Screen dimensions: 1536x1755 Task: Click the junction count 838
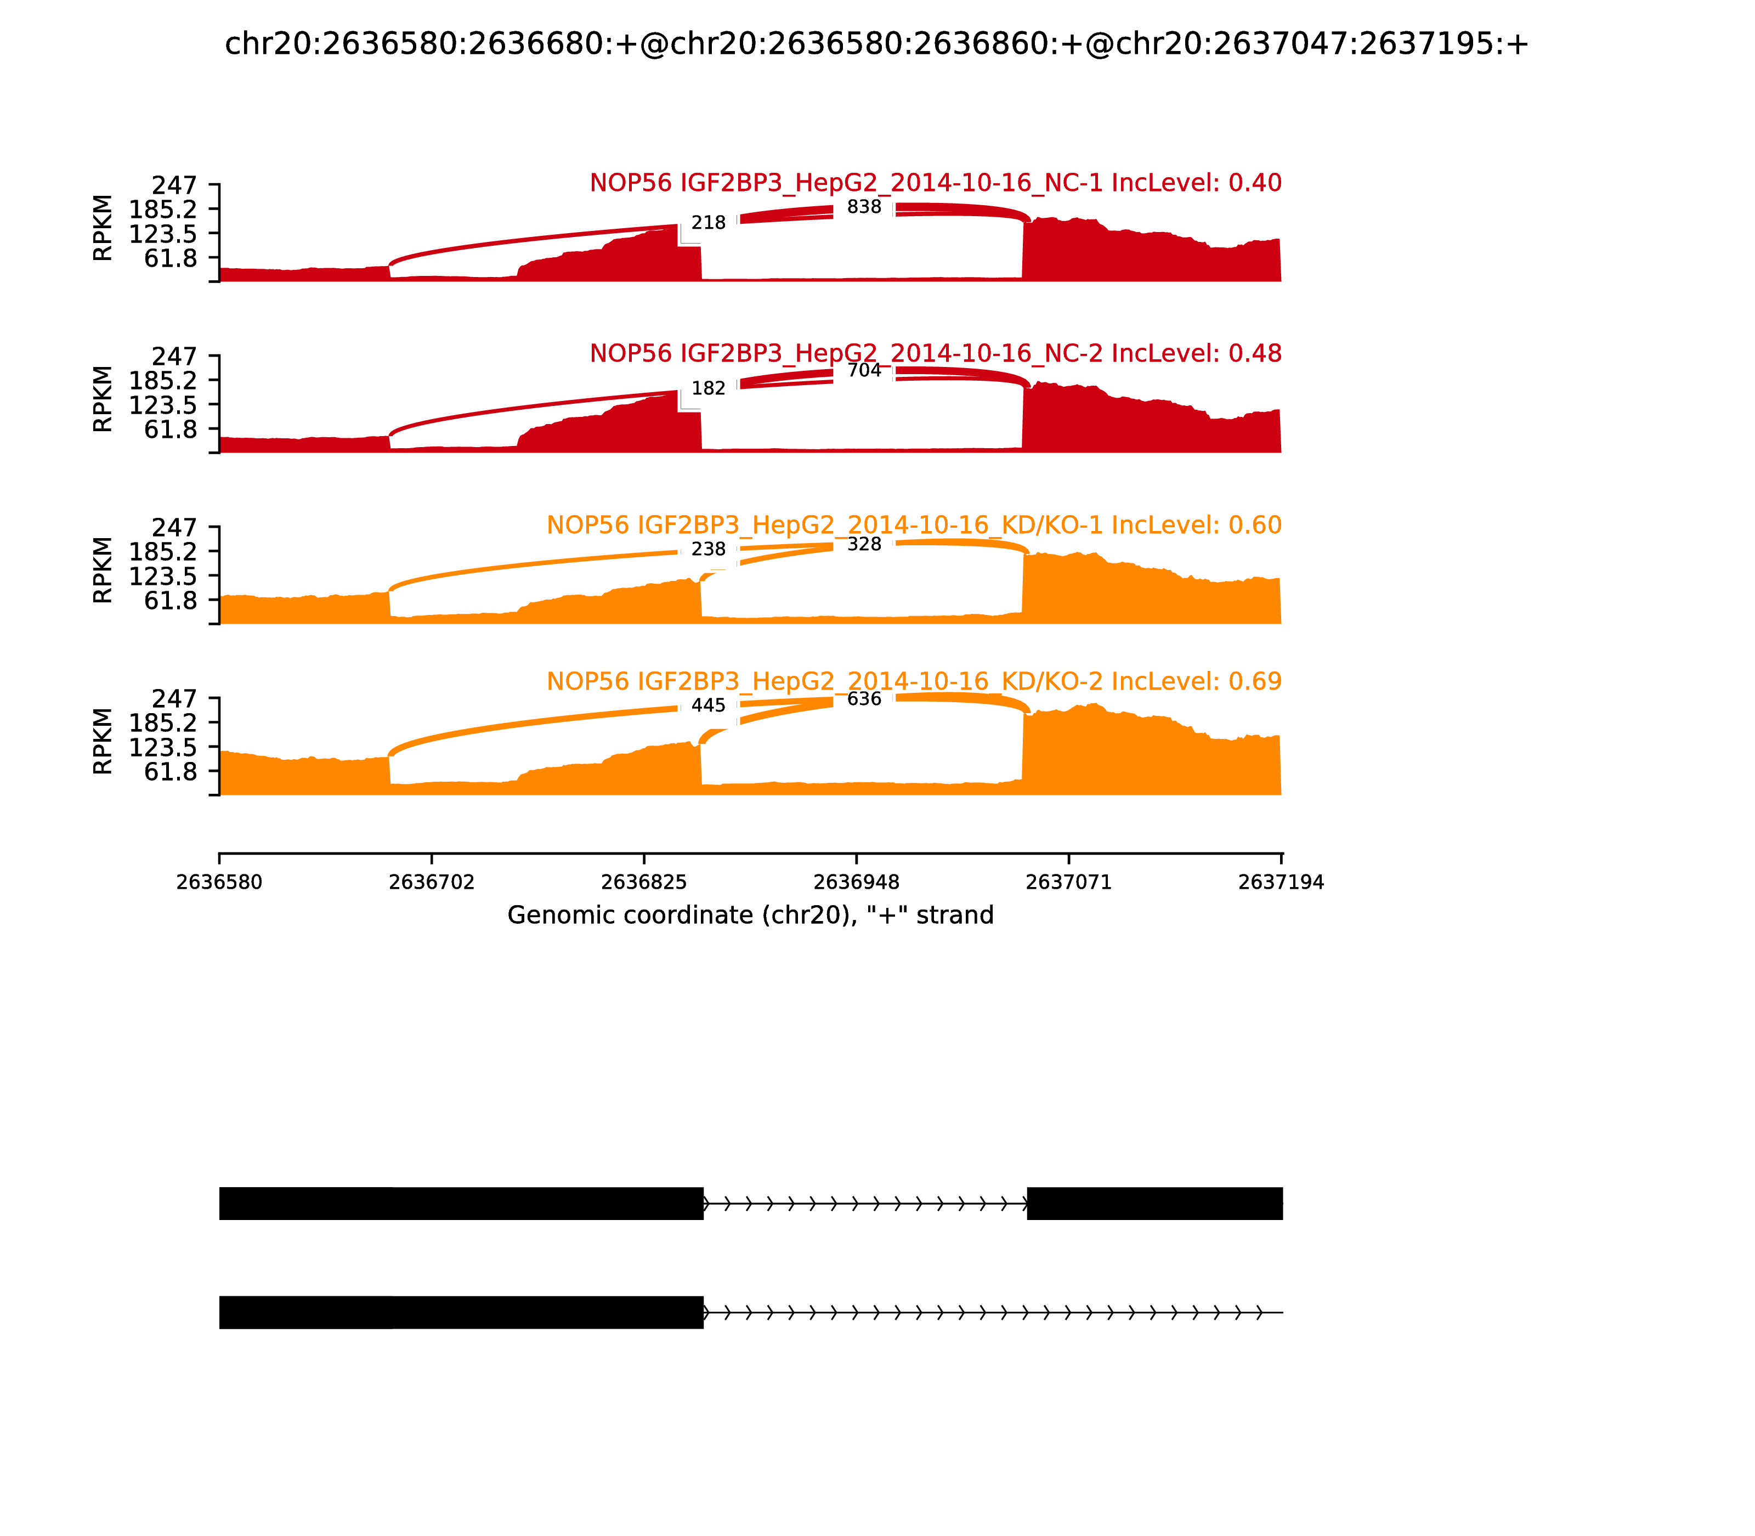[864, 207]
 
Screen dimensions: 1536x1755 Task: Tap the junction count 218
[709, 223]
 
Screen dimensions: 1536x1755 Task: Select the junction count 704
[864, 370]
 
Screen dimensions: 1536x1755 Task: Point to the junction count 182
[709, 388]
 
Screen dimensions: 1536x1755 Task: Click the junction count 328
[864, 544]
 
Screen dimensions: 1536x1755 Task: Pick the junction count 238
[709, 550]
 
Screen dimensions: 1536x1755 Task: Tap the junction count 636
[864, 698]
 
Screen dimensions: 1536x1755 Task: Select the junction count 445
[709, 705]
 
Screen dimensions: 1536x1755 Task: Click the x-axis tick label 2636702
[432, 883]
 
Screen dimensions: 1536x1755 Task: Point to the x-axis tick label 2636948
[856, 883]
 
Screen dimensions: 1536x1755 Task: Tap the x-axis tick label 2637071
[1068, 883]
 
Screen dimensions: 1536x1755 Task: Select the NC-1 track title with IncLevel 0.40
[935, 183]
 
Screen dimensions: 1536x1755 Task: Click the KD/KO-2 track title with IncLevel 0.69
[914, 681]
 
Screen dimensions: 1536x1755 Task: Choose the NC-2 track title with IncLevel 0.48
[935, 353]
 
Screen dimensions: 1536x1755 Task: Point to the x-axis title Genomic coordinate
[751, 916]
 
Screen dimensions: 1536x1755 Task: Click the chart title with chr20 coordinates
[876, 44]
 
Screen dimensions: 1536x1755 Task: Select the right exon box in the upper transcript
[1154, 1204]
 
